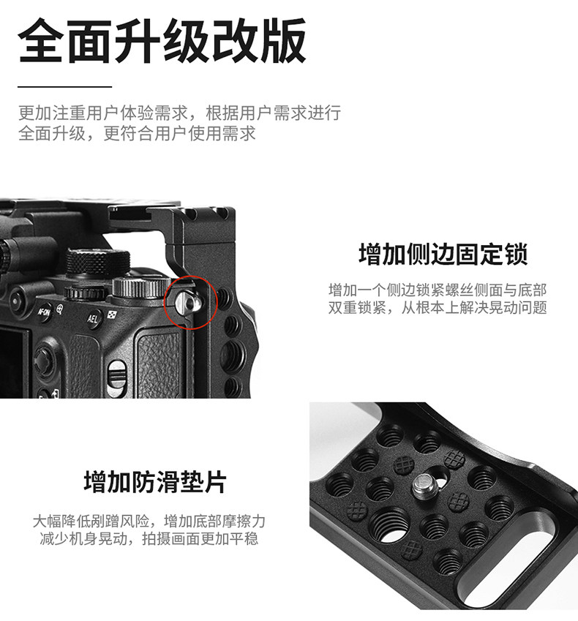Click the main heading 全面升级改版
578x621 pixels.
pos(162,41)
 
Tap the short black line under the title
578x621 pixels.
pos(65,86)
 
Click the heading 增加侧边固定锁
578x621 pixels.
pos(443,254)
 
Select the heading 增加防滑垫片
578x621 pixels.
pos(155,481)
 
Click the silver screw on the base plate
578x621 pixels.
pos(427,486)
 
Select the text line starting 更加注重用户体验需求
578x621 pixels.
pos(179,113)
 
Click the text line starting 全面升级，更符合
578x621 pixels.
pos(137,133)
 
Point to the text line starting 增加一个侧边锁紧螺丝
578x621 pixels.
pos(438,290)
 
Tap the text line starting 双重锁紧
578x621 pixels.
pos(438,308)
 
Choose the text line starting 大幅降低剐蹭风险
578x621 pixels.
pos(149,521)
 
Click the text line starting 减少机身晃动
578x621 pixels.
pos(149,538)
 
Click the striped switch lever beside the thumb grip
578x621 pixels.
pos(117,375)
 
